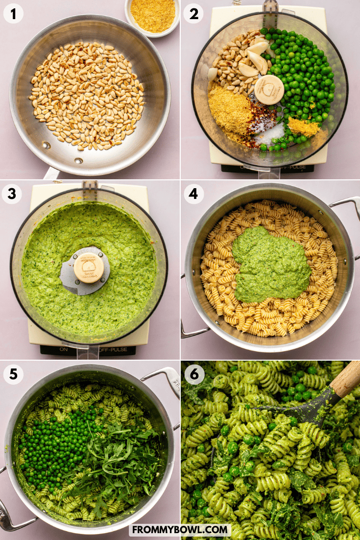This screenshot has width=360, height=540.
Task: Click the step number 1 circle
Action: coord(13,14)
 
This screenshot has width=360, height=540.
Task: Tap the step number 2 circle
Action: coord(193,14)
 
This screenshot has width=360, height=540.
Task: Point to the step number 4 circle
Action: coord(193,195)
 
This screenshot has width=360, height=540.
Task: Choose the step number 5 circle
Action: coord(13,375)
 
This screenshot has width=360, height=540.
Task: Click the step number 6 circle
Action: coord(193,375)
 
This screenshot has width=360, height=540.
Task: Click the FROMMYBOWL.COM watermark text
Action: coord(180,530)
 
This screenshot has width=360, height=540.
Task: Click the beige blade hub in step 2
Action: coord(269,90)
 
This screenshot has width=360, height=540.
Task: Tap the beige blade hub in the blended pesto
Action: coord(88,268)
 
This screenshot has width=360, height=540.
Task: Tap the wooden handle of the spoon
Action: coord(347,378)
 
